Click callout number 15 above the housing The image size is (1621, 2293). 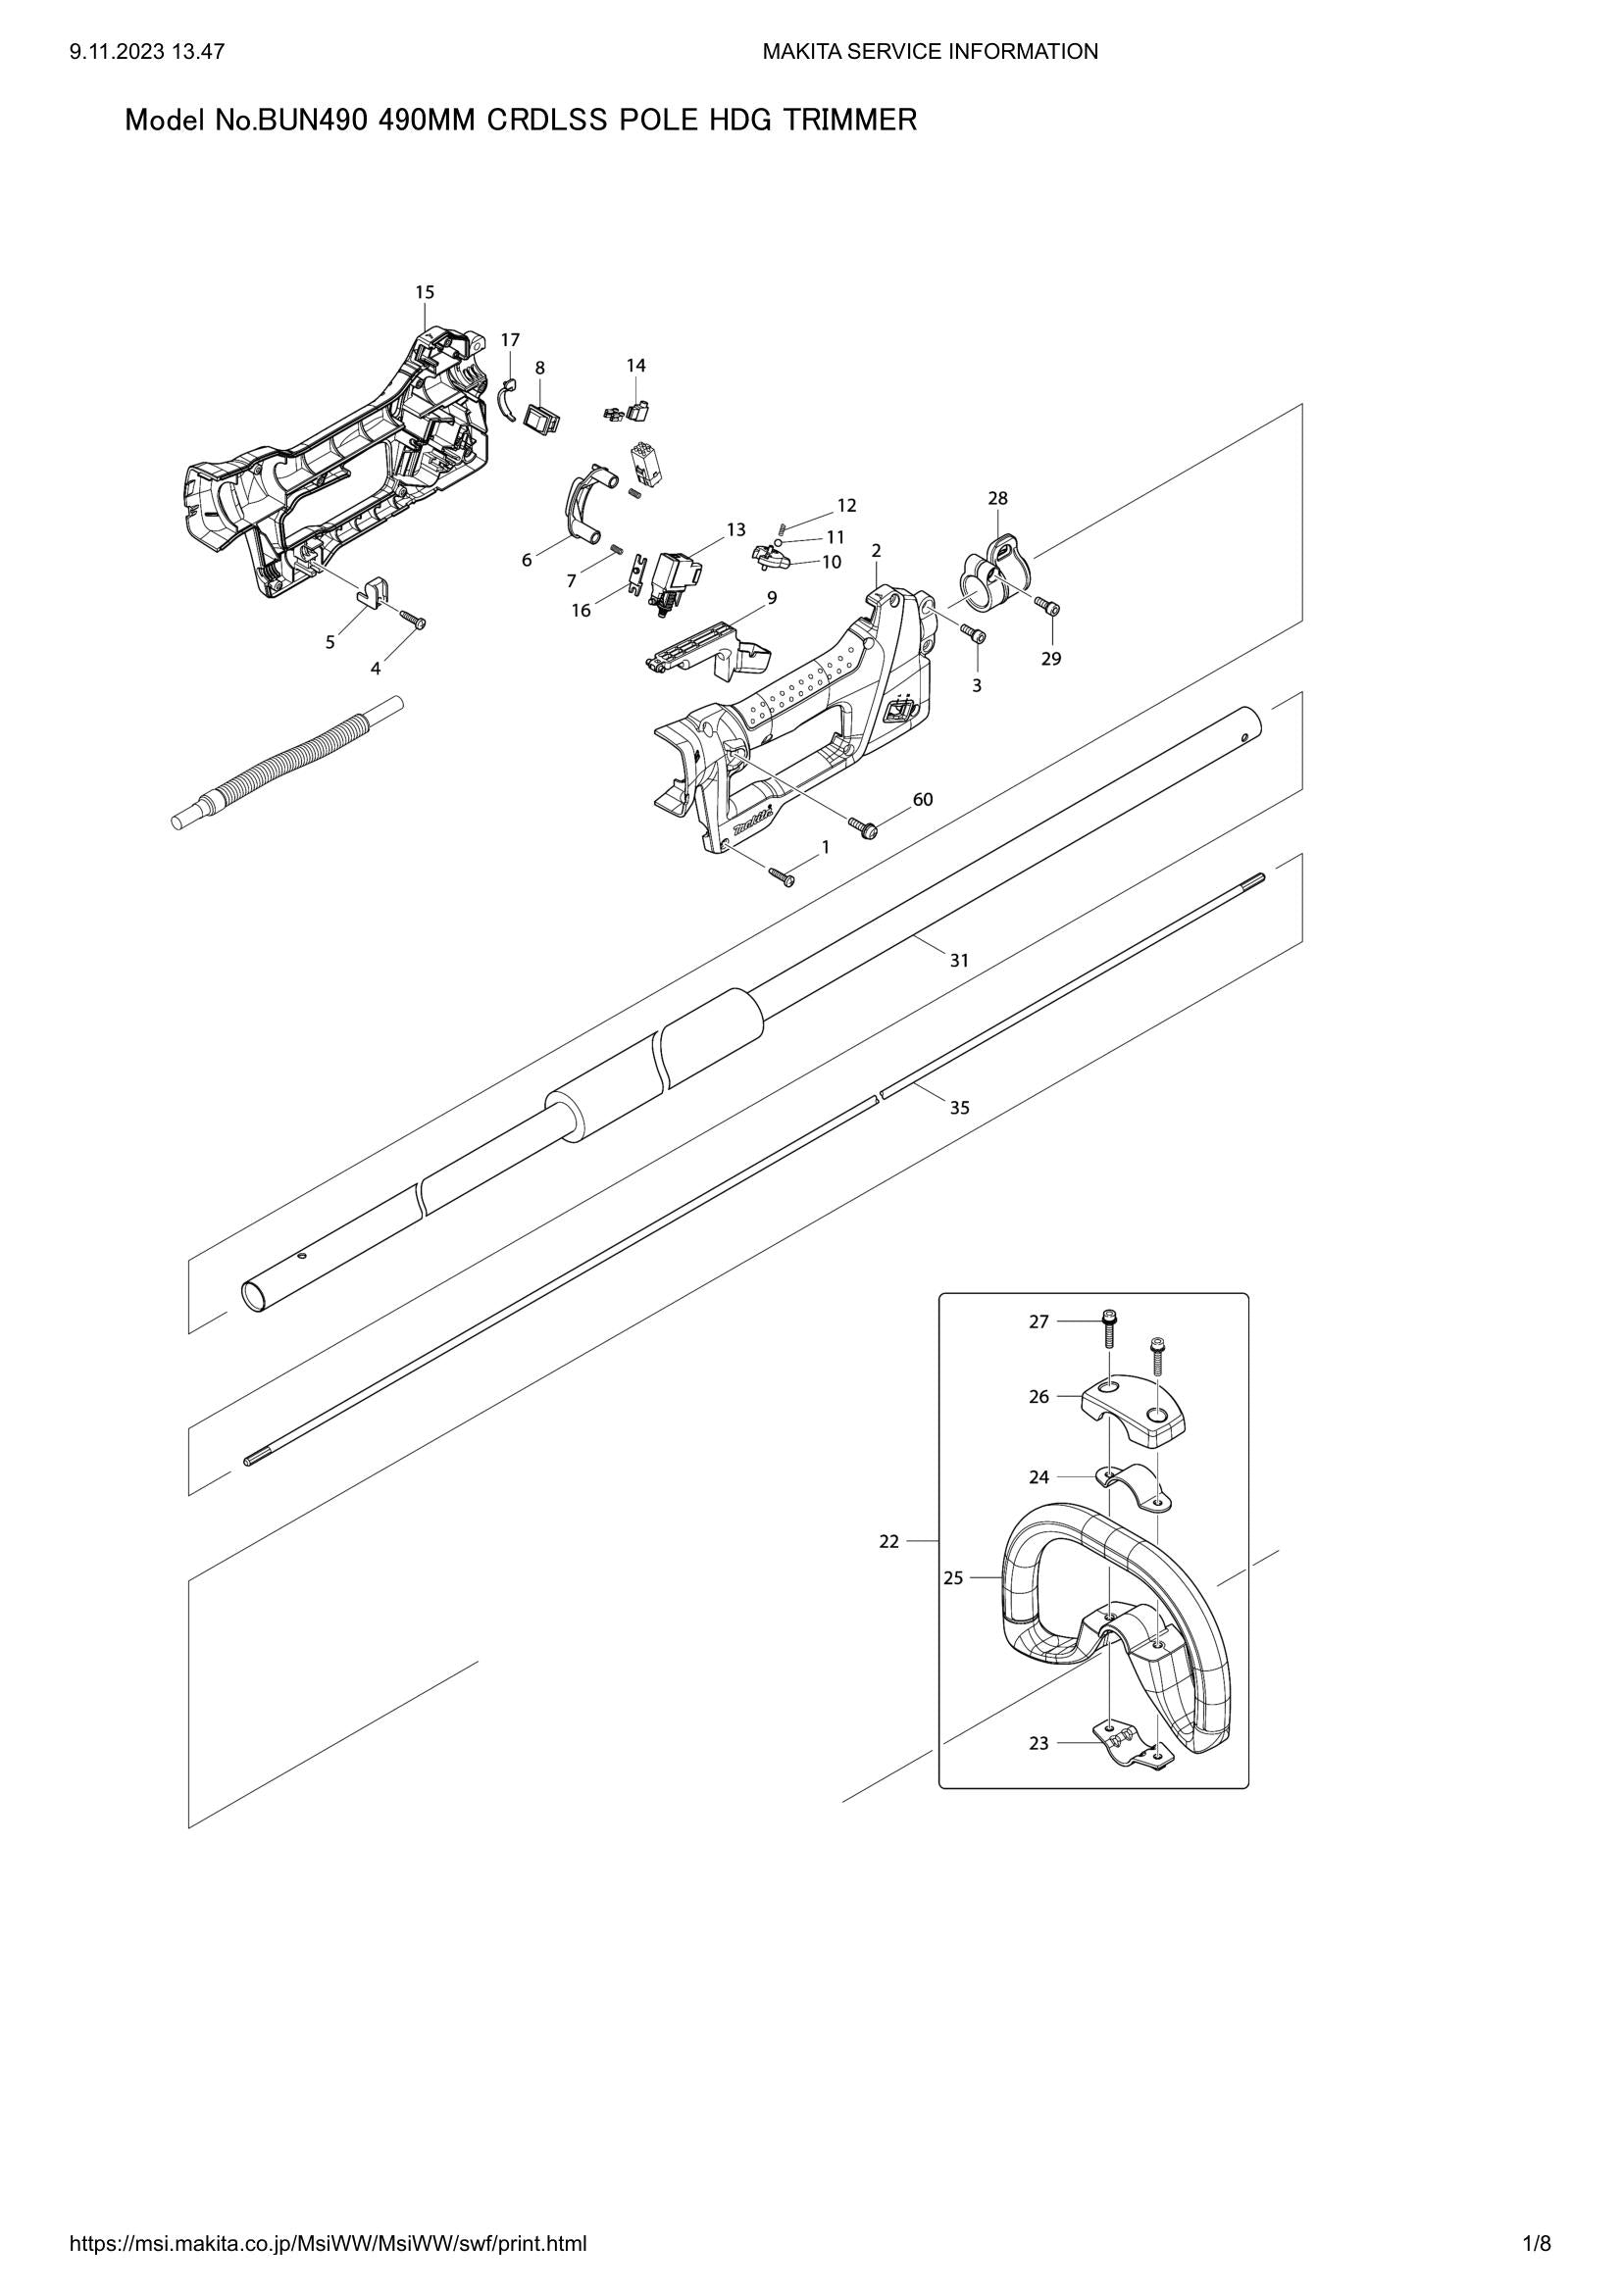(425, 292)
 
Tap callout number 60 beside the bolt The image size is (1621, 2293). (923, 799)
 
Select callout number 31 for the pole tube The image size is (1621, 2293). (959, 961)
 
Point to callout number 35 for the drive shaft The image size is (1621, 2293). (959, 1108)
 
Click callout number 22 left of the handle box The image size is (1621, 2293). (888, 1541)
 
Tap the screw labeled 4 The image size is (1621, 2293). (412, 620)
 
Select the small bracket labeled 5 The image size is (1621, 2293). (372, 590)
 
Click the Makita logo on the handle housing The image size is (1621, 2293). (752, 821)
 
